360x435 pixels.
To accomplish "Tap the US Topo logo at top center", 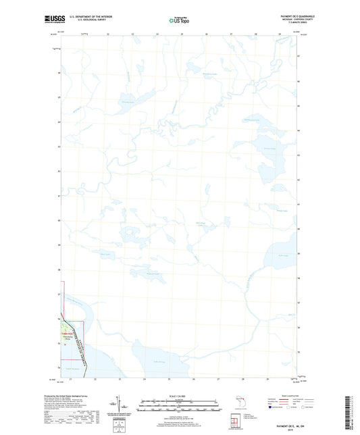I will click(179, 21).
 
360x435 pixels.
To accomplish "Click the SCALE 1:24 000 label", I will click(180, 396).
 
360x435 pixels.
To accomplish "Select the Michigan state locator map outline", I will click(238, 405).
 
